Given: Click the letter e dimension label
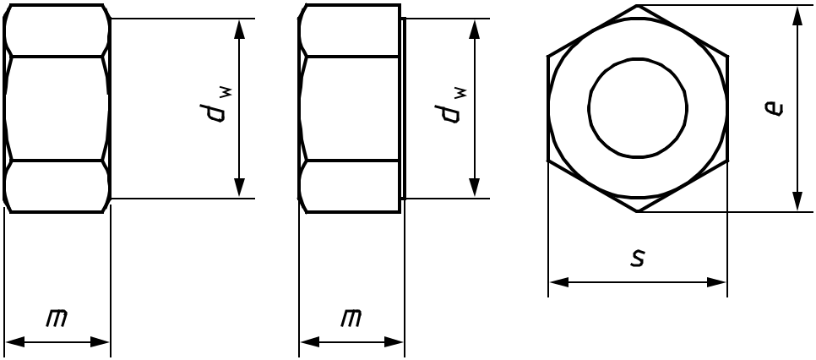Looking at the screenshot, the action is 774,108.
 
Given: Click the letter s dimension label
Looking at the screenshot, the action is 638,257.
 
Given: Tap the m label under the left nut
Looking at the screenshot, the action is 57,318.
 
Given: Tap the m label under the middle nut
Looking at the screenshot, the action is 351,318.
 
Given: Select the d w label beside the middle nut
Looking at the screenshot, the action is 451,106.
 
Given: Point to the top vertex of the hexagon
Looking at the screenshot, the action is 638,5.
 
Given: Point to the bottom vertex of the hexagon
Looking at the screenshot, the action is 638,212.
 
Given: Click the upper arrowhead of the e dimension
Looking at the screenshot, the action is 797,14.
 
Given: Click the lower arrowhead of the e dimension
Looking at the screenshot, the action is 797,202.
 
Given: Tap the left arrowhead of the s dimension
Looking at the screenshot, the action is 559,282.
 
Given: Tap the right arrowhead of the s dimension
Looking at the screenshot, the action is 716,282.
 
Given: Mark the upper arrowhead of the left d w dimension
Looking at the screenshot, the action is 239,30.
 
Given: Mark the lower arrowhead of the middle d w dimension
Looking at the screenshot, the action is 474,188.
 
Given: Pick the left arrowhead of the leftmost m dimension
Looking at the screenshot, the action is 14,342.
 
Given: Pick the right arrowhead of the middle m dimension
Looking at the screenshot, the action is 394,342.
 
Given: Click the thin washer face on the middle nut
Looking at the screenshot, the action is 403,108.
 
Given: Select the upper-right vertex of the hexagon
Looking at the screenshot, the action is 727,56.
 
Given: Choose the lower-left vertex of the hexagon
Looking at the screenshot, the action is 548,161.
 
